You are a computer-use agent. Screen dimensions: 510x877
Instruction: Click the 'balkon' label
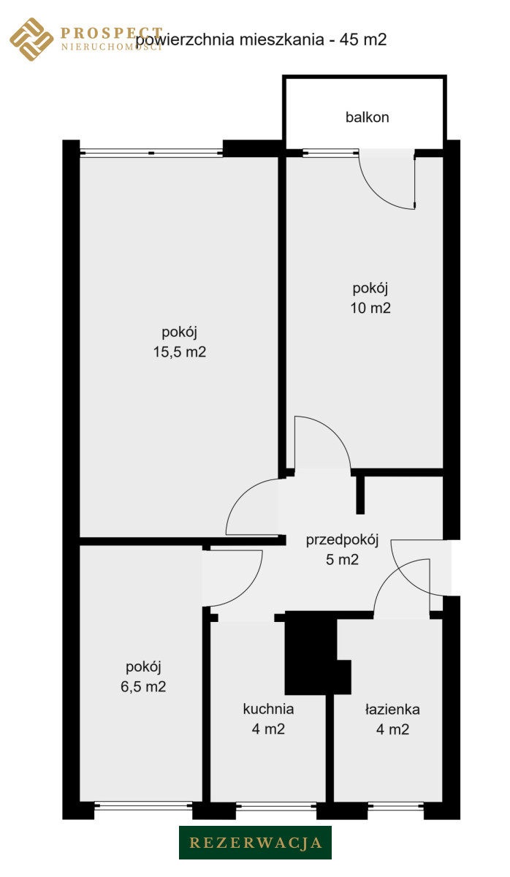coord(367,117)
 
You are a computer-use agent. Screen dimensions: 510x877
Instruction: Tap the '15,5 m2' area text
coord(179,352)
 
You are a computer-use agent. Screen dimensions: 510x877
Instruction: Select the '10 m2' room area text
coord(370,308)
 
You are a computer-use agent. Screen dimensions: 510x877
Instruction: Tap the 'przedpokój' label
coord(342,540)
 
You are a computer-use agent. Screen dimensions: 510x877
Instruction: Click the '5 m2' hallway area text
coord(342,560)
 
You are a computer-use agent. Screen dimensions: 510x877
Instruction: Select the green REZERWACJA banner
coord(255,843)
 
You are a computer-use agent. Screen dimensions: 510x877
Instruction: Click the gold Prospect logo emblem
coord(31,39)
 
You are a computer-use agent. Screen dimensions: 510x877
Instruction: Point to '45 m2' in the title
coord(363,39)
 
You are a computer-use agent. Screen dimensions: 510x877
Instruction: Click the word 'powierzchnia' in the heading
coord(185,40)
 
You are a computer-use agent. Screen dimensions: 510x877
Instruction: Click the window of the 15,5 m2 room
coord(151,153)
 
